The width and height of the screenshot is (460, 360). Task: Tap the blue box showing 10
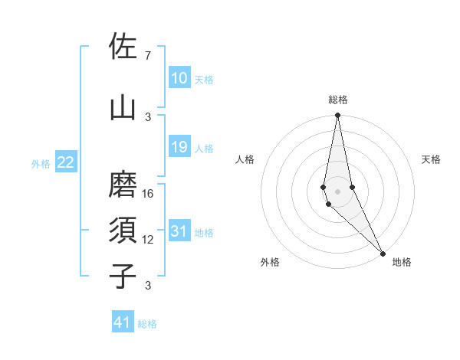click(179, 78)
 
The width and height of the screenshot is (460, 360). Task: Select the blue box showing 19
click(179, 147)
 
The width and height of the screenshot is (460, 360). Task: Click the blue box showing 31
click(179, 231)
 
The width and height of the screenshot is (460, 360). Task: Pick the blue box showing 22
click(66, 162)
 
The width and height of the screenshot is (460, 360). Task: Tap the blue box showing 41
click(123, 322)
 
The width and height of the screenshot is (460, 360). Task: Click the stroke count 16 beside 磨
click(149, 193)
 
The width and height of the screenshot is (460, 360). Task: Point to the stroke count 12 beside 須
click(149, 239)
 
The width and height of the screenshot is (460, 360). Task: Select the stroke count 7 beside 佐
click(148, 56)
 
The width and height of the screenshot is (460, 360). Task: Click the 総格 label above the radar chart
click(338, 100)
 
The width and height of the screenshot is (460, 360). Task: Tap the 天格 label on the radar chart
click(431, 159)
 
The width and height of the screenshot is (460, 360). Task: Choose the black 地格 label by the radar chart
click(402, 262)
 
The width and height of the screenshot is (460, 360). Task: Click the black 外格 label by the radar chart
click(270, 262)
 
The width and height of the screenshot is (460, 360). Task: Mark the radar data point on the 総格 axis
click(337, 116)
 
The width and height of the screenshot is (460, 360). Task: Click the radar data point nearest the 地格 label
click(383, 252)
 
